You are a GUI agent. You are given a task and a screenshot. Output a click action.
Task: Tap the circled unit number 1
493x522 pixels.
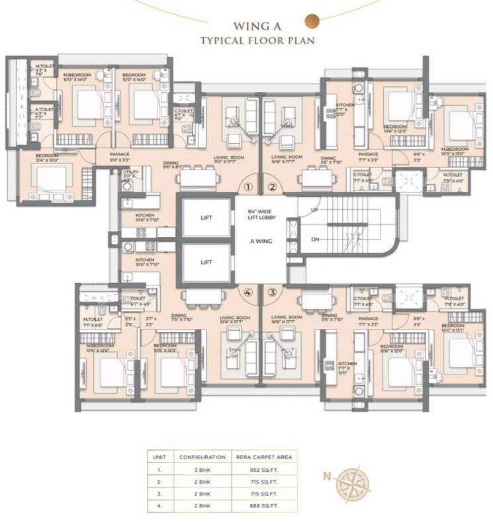247,187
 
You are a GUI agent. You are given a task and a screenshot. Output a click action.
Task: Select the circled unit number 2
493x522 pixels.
272,187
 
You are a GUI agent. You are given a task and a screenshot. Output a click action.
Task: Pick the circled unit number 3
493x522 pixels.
272,292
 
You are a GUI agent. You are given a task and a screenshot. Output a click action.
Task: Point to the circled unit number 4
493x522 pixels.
247,292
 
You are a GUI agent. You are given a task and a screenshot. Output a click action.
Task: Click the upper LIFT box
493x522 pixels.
206,217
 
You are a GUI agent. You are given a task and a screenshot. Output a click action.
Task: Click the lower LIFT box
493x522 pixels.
206,262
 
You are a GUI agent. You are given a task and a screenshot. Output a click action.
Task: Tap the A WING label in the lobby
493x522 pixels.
259,241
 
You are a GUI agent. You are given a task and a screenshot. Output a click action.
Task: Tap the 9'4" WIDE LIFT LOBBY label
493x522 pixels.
259,216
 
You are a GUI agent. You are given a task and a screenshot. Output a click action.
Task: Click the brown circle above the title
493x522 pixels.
312,21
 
